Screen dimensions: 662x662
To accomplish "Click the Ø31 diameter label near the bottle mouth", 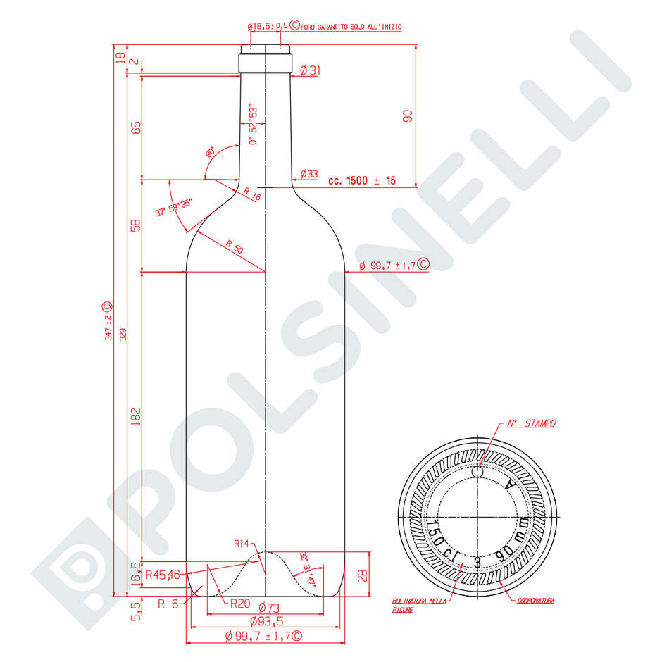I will point(310,70).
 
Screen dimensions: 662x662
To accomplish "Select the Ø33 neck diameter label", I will point(308,174).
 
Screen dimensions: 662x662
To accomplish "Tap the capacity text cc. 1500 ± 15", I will point(361,181).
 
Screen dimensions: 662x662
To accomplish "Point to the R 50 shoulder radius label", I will point(234,247).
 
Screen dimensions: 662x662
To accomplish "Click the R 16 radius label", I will point(252,194).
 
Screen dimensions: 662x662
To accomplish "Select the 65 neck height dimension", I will point(136,127).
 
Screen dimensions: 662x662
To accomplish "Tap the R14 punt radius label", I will point(242,544).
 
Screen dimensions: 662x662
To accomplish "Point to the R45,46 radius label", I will point(163,575).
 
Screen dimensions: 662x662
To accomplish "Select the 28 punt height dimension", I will point(362,575).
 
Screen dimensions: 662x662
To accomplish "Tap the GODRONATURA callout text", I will point(536,601).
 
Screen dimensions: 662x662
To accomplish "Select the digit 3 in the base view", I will point(477,561).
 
